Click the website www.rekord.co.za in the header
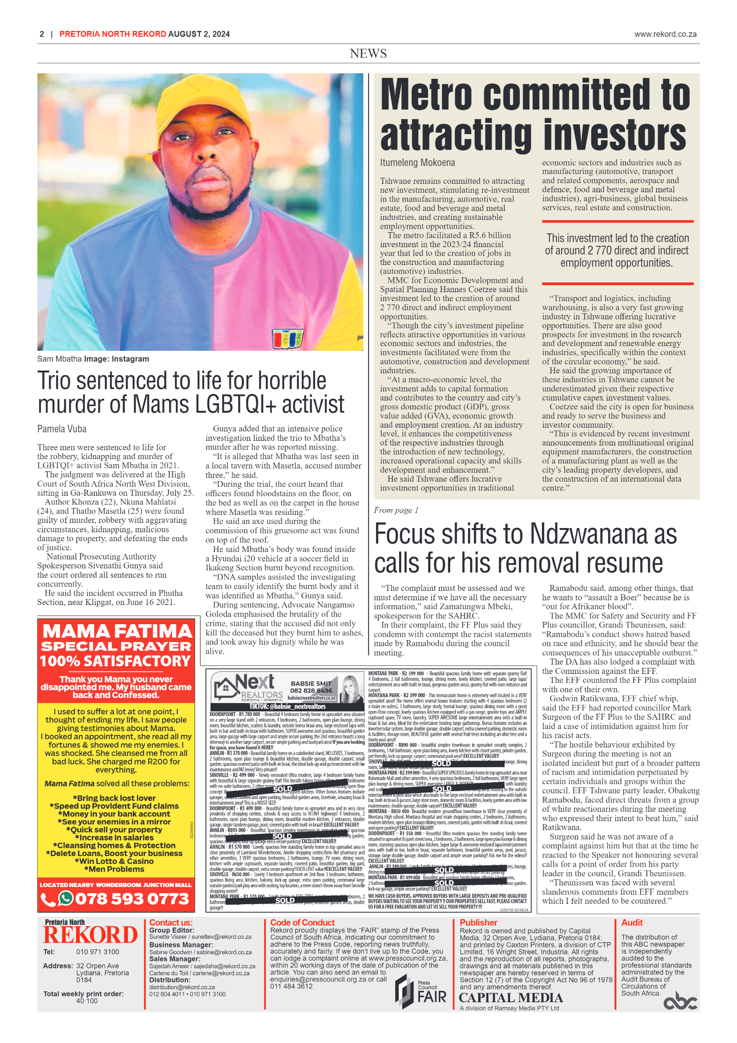(665, 34)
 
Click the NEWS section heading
(368, 53)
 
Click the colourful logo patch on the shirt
(287, 338)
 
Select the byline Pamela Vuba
(62, 429)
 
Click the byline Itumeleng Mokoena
(417, 163)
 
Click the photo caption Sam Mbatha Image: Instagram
(93, 359)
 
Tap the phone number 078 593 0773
(132, 899)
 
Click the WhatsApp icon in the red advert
(65, 898)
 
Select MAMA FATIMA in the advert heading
(117, 631)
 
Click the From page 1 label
(395, 510)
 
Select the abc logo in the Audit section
(679, 1002)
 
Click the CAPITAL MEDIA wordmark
(510, 998)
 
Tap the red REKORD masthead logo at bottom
(90, 935)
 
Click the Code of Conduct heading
(302, 922)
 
